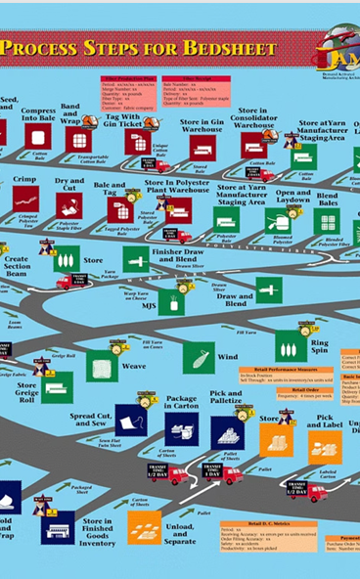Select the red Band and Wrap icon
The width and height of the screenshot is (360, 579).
[x=78, y=140]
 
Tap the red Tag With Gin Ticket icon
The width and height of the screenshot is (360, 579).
[x=136, y=142]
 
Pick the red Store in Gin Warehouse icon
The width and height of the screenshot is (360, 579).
[x=202, y=147]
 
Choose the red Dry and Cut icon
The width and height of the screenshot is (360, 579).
[x=69, y=204]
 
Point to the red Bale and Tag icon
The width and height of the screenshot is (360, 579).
[x=119, y=209]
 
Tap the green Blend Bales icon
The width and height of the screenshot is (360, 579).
[x=327, y=221]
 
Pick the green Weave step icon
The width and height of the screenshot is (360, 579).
[x=102, y=365]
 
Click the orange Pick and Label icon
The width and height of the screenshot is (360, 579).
[x=324, y=447]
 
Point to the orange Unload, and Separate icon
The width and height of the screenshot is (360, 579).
[x=145, y=528]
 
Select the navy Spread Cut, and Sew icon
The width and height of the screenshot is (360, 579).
[x=131, y=420]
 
